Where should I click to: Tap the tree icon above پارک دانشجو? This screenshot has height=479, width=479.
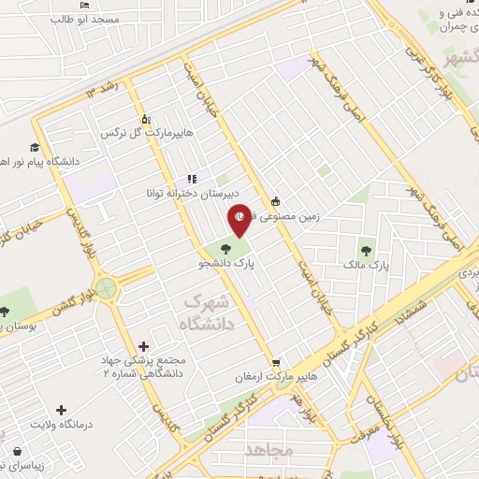225,249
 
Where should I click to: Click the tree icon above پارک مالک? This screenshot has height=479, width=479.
365,250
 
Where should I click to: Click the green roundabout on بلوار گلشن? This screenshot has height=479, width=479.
106,288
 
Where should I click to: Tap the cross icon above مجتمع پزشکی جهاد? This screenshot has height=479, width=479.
142,347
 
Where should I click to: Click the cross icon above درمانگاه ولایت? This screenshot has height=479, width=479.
62,410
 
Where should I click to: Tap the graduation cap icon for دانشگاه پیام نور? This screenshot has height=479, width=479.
35,147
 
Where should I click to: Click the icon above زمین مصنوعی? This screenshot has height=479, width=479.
275,201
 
